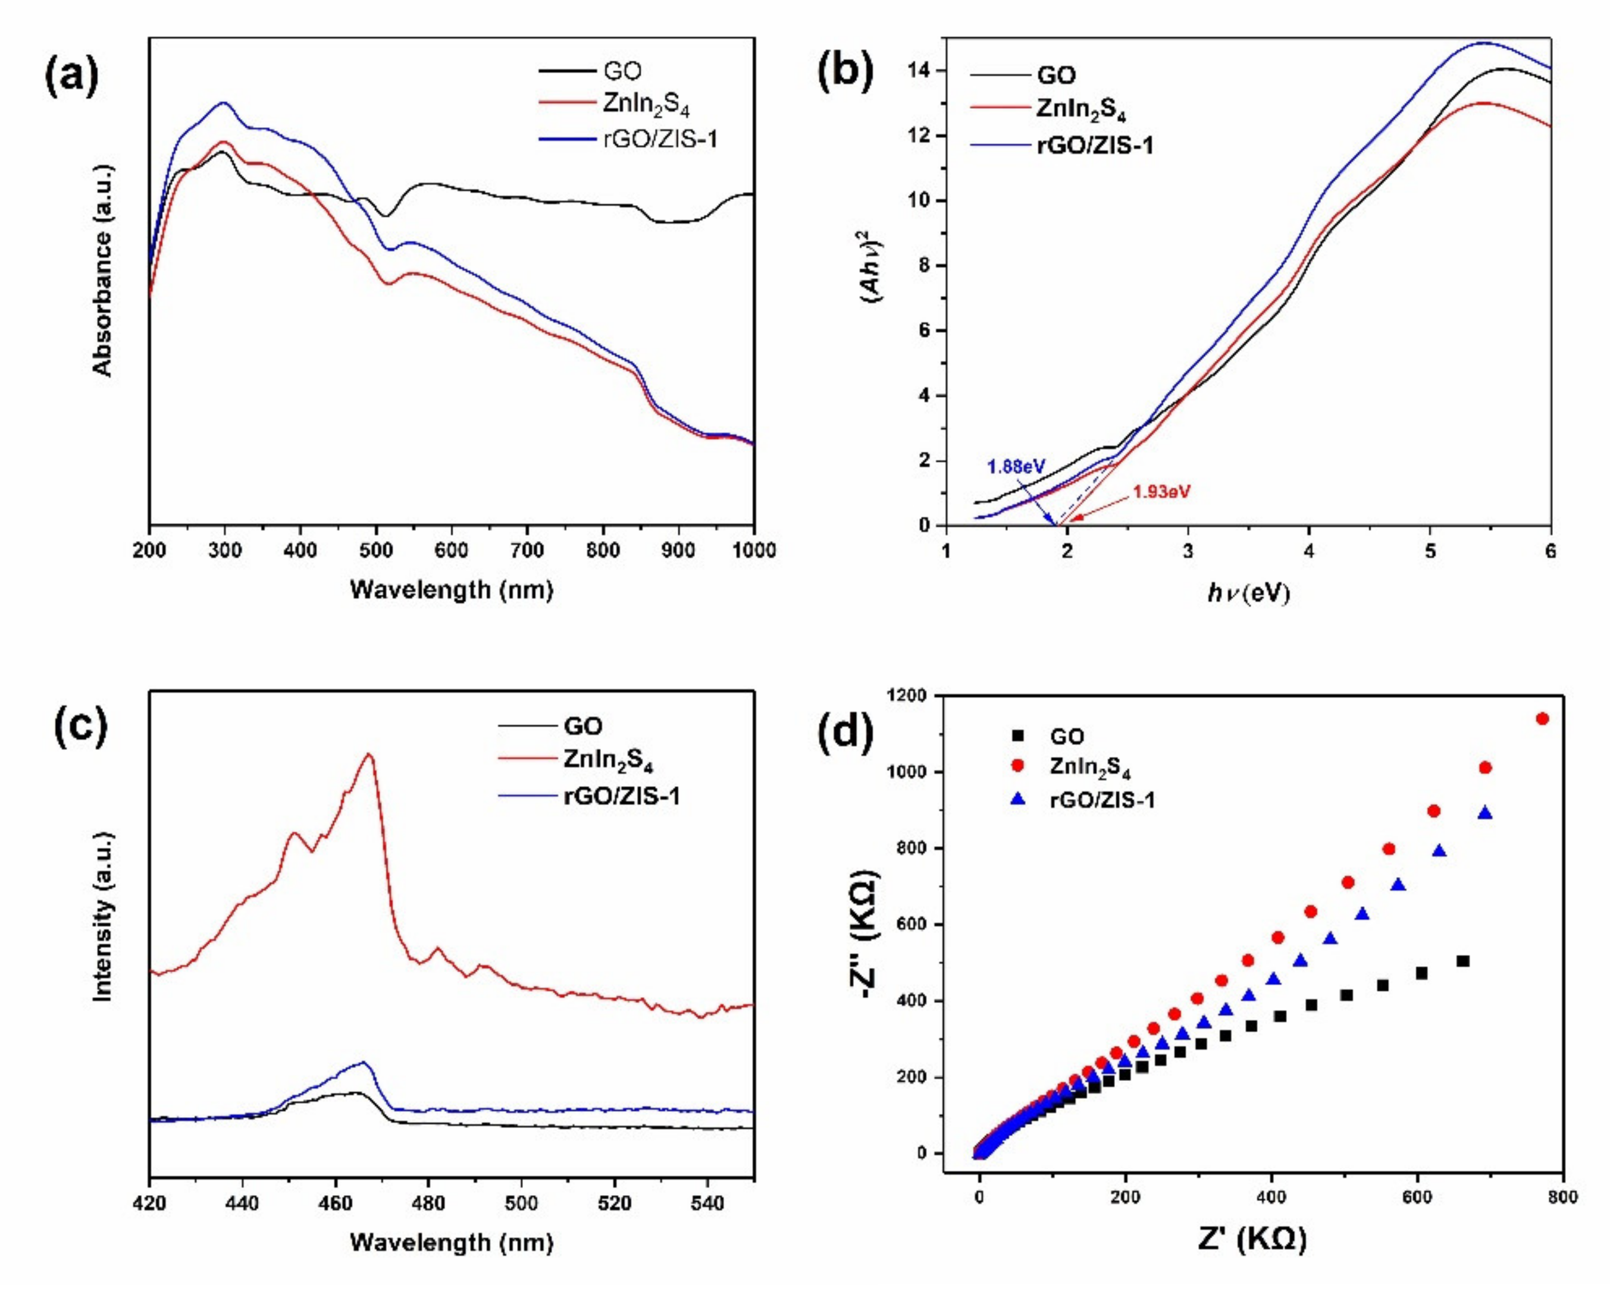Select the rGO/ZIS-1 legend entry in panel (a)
coord(659,139)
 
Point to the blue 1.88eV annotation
coord(1016,467)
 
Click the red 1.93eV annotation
coord(1161,492)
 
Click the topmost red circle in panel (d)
coord(1542,719)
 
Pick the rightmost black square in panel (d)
coord(1463,961)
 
